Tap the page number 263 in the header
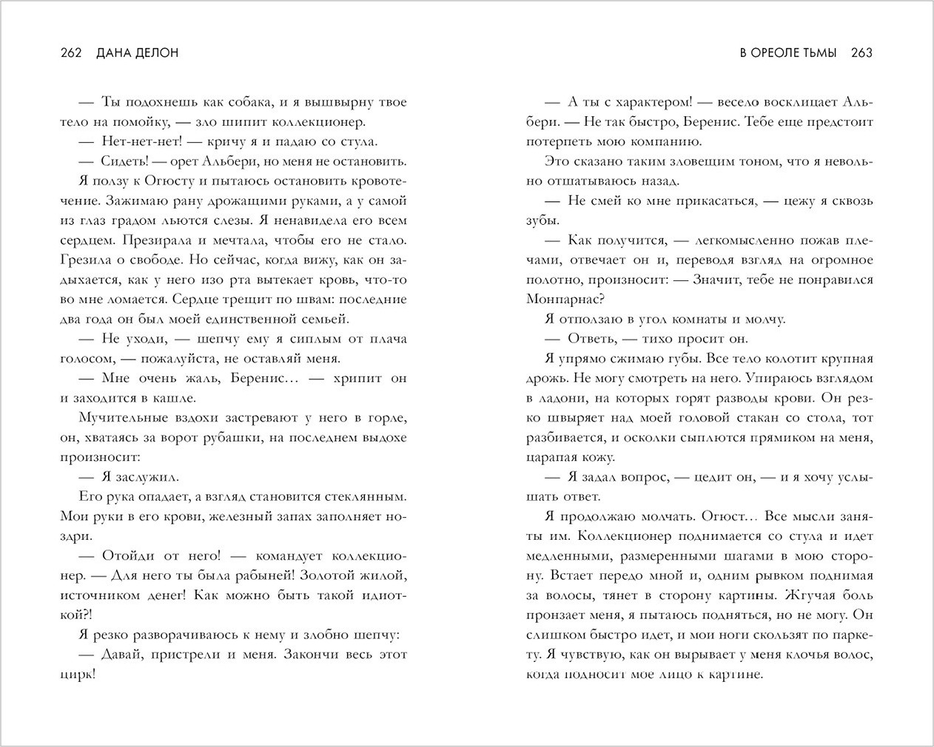pyautogui.click(x=862, y=53)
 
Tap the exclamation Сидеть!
pyautogui.click(x=124, y=161)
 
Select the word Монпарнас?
pyautogui.click(x=565, y=299)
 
